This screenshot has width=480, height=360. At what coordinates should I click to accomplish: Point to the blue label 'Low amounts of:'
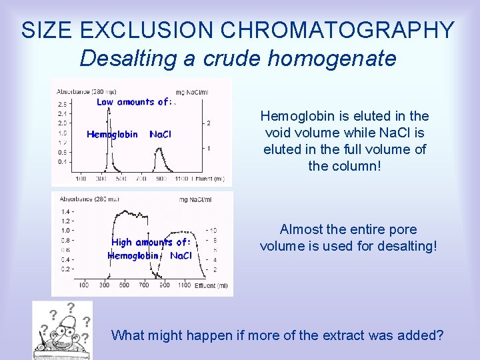coord(134,102)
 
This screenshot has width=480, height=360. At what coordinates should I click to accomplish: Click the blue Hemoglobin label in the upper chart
coord(112,134)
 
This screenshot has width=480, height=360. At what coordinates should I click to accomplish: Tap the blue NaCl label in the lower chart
coord(181,255)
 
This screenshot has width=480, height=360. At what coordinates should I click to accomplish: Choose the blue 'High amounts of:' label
coord(151,243)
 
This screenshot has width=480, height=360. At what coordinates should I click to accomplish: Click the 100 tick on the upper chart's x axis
coord(80,179)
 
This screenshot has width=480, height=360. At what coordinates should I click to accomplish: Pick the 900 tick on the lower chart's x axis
coord(164,285)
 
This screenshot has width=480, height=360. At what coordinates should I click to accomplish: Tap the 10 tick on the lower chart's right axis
coord(213,230)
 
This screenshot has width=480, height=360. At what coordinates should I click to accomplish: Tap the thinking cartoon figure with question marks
coord(62,330)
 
